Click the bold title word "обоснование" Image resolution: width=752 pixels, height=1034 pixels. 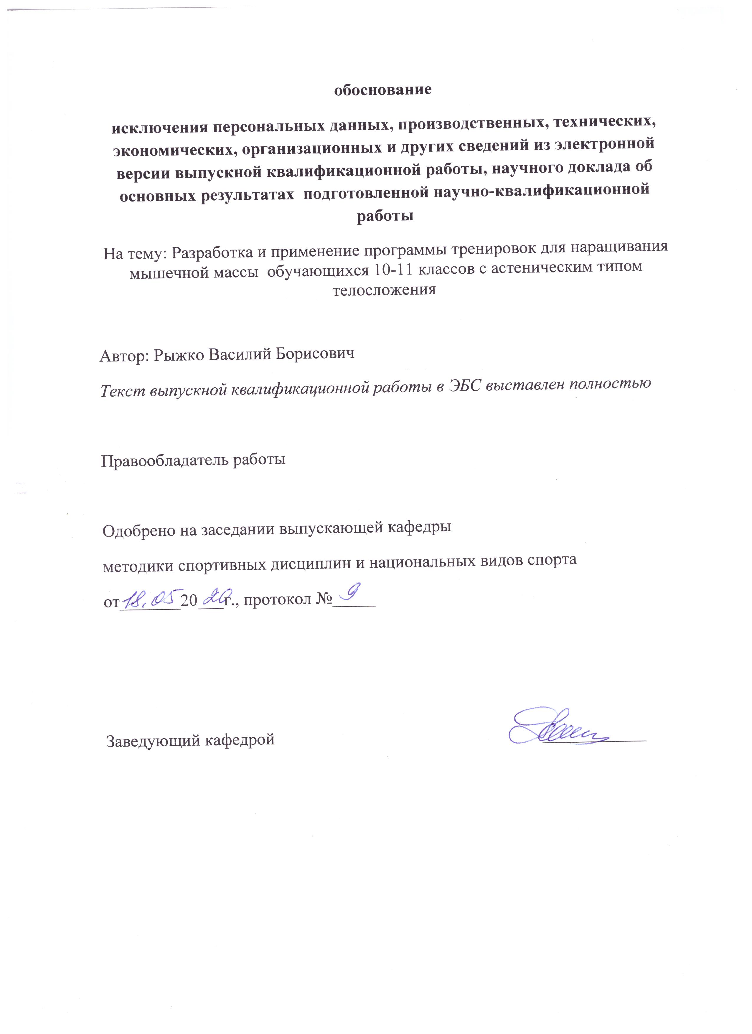click(382, 89)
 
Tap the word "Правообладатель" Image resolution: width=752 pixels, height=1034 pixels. click(165, 460)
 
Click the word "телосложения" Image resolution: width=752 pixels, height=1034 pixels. click(384, 290)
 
